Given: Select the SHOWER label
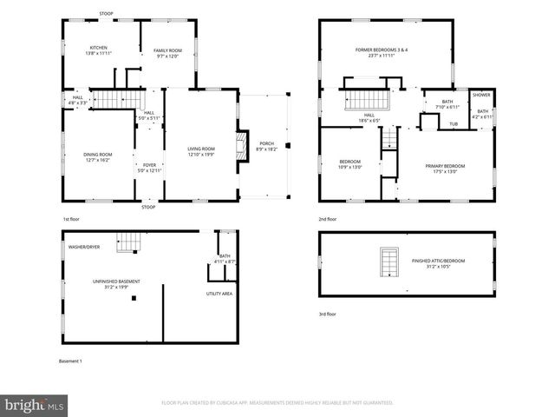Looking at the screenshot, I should [481, 95].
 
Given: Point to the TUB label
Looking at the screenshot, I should [453, 124].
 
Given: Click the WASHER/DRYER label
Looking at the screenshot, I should [84, 248].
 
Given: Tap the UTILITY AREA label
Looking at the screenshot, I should [219, 295].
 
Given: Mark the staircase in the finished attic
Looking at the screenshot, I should [389, 261].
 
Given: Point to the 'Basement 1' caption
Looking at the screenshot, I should [69, 361].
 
